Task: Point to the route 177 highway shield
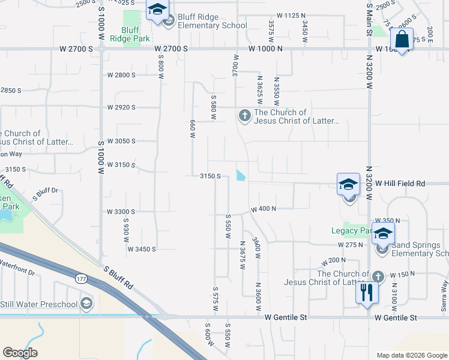pyautogui.click(x=82, y=278)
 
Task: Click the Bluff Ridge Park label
pyautogui.click(x=130, y=34)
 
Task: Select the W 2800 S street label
pyautogui.click(x=121, y=75)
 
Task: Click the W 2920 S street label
pyautogui.click(x=121, y=107)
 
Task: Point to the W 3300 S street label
pyautogui.click(x=121, y=212)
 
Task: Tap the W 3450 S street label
pyautogui.click(x=142, y=248)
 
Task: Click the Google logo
pyautogui.click(x=20, y=353)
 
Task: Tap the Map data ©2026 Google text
pyautogui.click(x=411, y=355)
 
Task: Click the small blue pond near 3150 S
pyautogui.click(x=241, y=175)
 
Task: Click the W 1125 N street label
pyautogui.click(x=291, y=15)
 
